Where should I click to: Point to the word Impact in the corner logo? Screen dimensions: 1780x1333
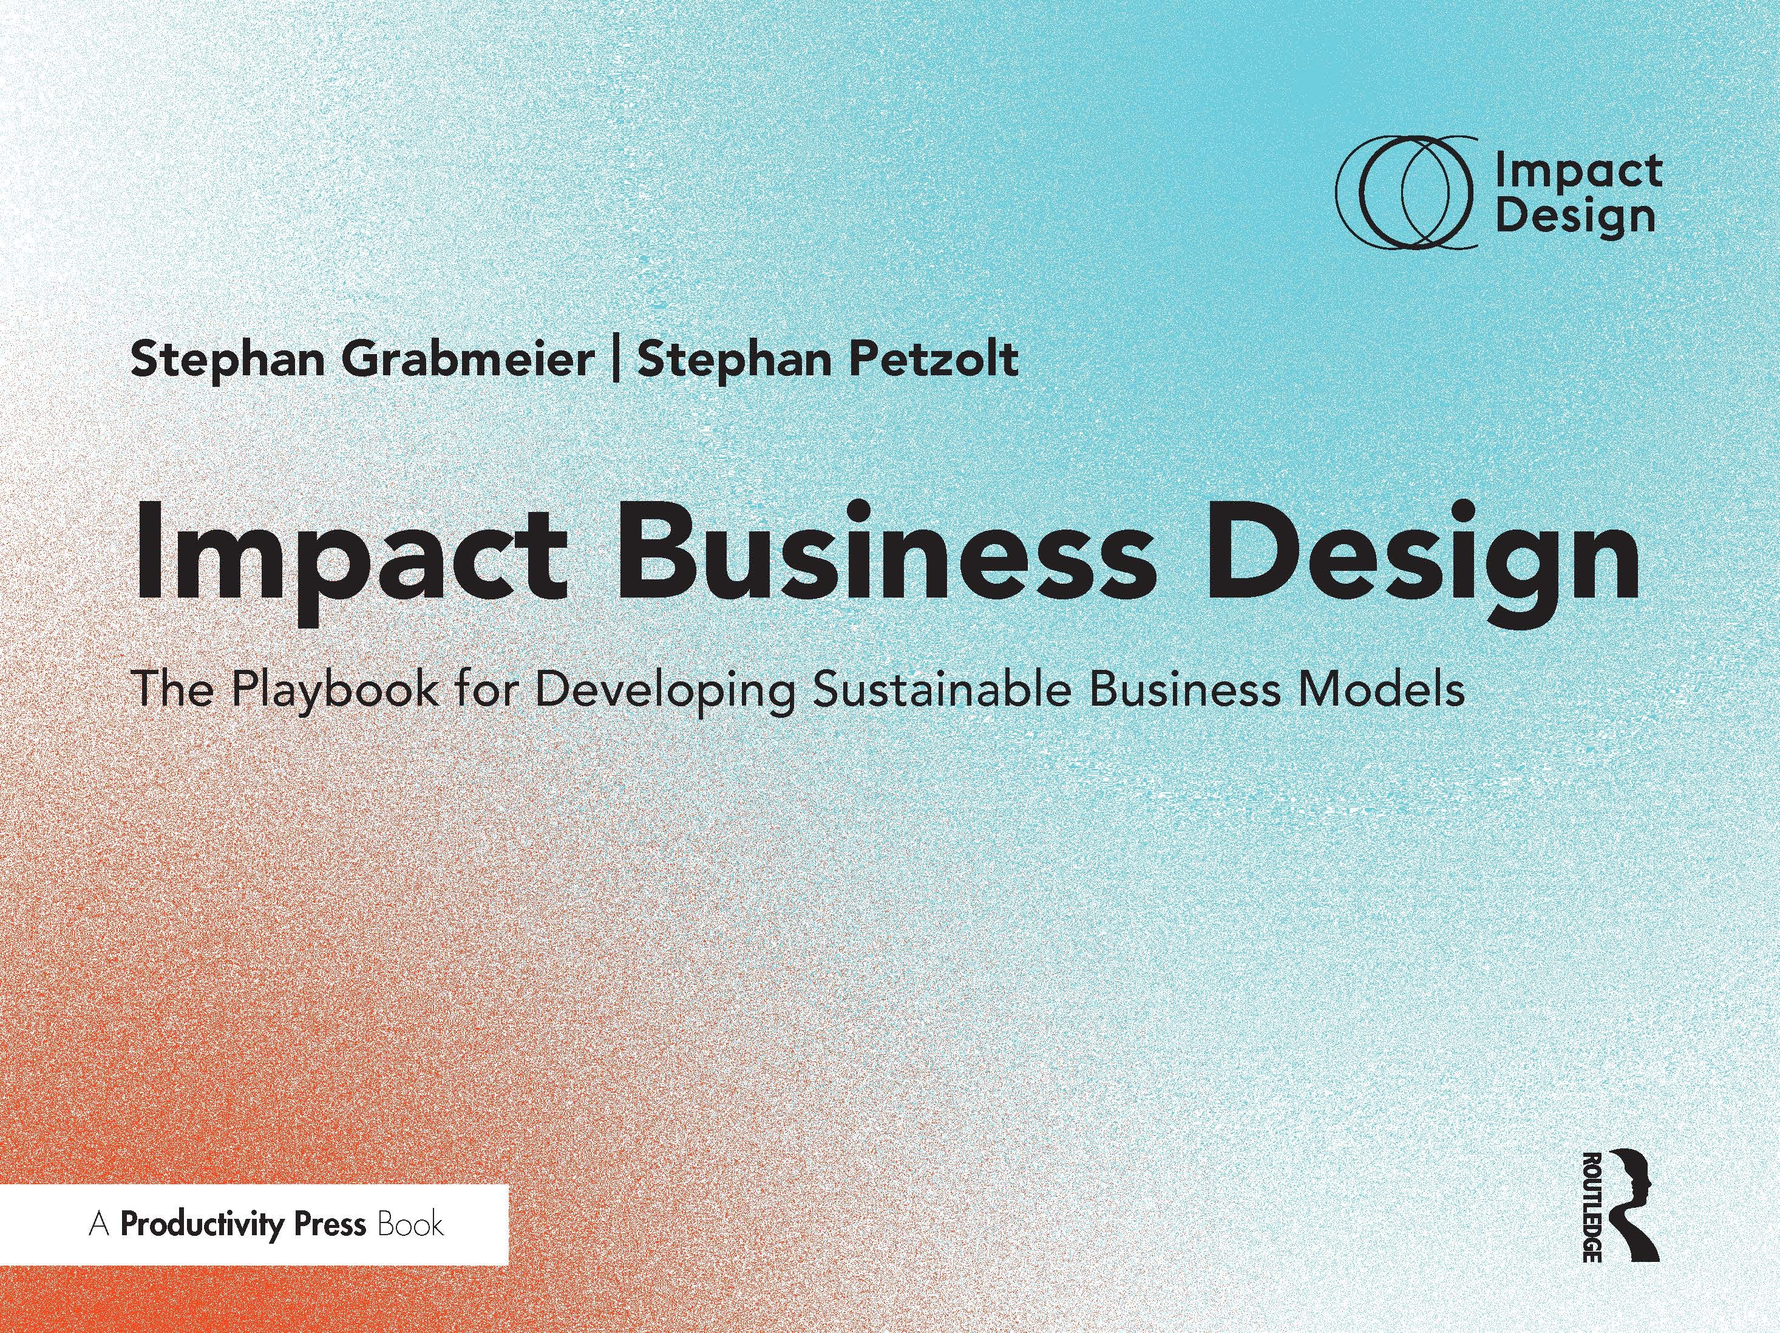pos(1578,170)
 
